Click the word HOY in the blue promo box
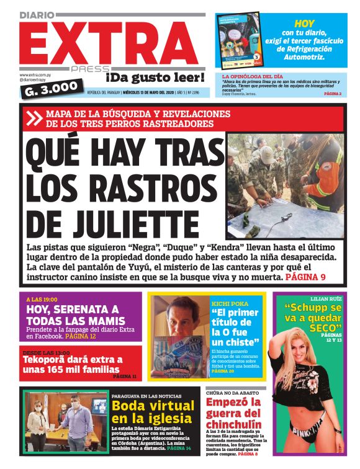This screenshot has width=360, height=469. coord(304,23)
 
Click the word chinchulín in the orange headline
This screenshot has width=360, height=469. coord(235,424)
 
